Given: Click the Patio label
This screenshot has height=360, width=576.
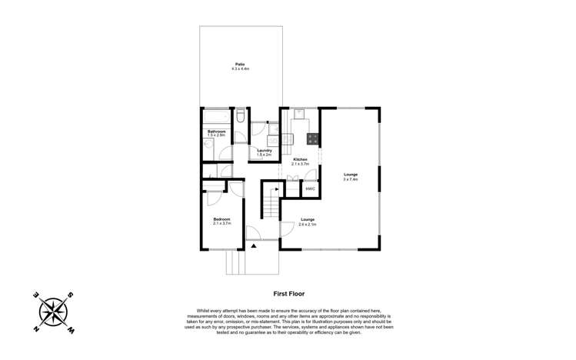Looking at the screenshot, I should click(x=241, y=64).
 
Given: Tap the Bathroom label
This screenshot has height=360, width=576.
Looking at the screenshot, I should click(x=217, y=132).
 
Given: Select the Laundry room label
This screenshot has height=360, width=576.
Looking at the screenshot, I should click(x=265, y=150).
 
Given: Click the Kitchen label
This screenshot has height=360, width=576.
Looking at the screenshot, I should click(x=300, y=159).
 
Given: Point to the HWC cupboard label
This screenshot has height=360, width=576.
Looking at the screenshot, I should click(x=310, y=188).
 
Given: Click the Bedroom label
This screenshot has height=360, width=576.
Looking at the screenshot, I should click(x=222, y=219).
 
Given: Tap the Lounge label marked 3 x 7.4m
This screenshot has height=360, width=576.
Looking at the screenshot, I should click(x=351, y=175).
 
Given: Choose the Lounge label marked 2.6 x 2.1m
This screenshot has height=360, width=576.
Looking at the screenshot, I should click(x=308, y=220).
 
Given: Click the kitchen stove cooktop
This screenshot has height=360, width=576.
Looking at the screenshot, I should click(x=313, y=138).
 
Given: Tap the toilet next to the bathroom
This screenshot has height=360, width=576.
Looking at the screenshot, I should click(x=240, y=116).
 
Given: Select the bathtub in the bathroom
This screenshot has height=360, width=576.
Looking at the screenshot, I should click(x=216, y=116).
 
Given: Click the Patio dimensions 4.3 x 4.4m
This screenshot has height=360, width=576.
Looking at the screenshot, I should click(x=241, y=68).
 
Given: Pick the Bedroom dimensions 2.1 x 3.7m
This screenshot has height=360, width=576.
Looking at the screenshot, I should click(x=222, y=224).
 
